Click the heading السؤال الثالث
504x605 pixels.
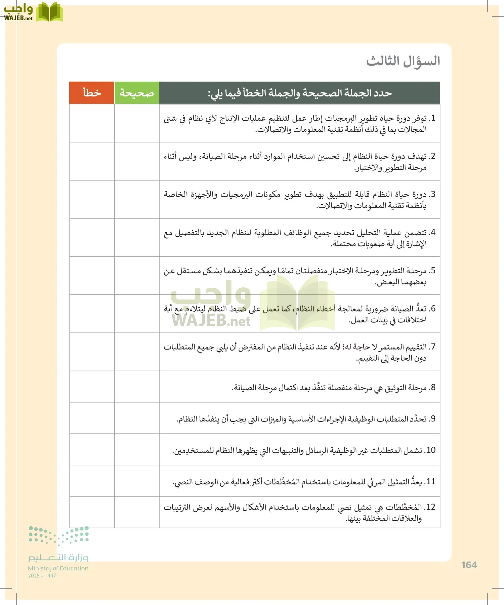point(403,61)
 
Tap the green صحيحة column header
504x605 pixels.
point(137,93)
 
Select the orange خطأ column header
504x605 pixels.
point(92,93)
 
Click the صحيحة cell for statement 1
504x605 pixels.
point(137,123)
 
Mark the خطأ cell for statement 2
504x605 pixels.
point(92,161)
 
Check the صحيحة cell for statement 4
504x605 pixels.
point(137,238)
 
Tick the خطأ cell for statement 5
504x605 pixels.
point(92,276)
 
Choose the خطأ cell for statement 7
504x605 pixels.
point(92,352)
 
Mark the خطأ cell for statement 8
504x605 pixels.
point(92,387)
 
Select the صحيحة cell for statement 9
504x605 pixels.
point(137,418)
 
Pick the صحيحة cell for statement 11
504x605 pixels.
point(137,481)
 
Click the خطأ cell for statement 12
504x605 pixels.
point(92,512)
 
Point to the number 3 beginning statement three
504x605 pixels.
point(433,194)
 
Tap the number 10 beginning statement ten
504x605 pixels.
point(430,450)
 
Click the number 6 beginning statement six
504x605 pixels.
point(433,309)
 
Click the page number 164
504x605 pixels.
point(469,565)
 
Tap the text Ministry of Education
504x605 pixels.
point(58,568)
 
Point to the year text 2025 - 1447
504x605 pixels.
point(42,576)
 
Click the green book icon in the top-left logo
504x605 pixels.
point(49,12)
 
